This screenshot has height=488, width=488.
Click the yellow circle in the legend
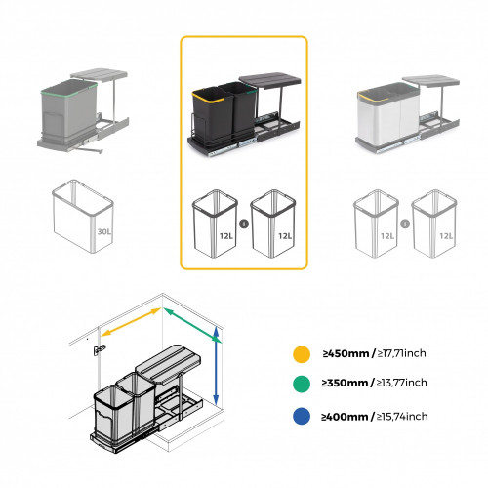pos(304,354)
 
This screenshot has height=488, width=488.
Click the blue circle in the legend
pos(304,417)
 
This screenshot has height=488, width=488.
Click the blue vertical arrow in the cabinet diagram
pos(214,367)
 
